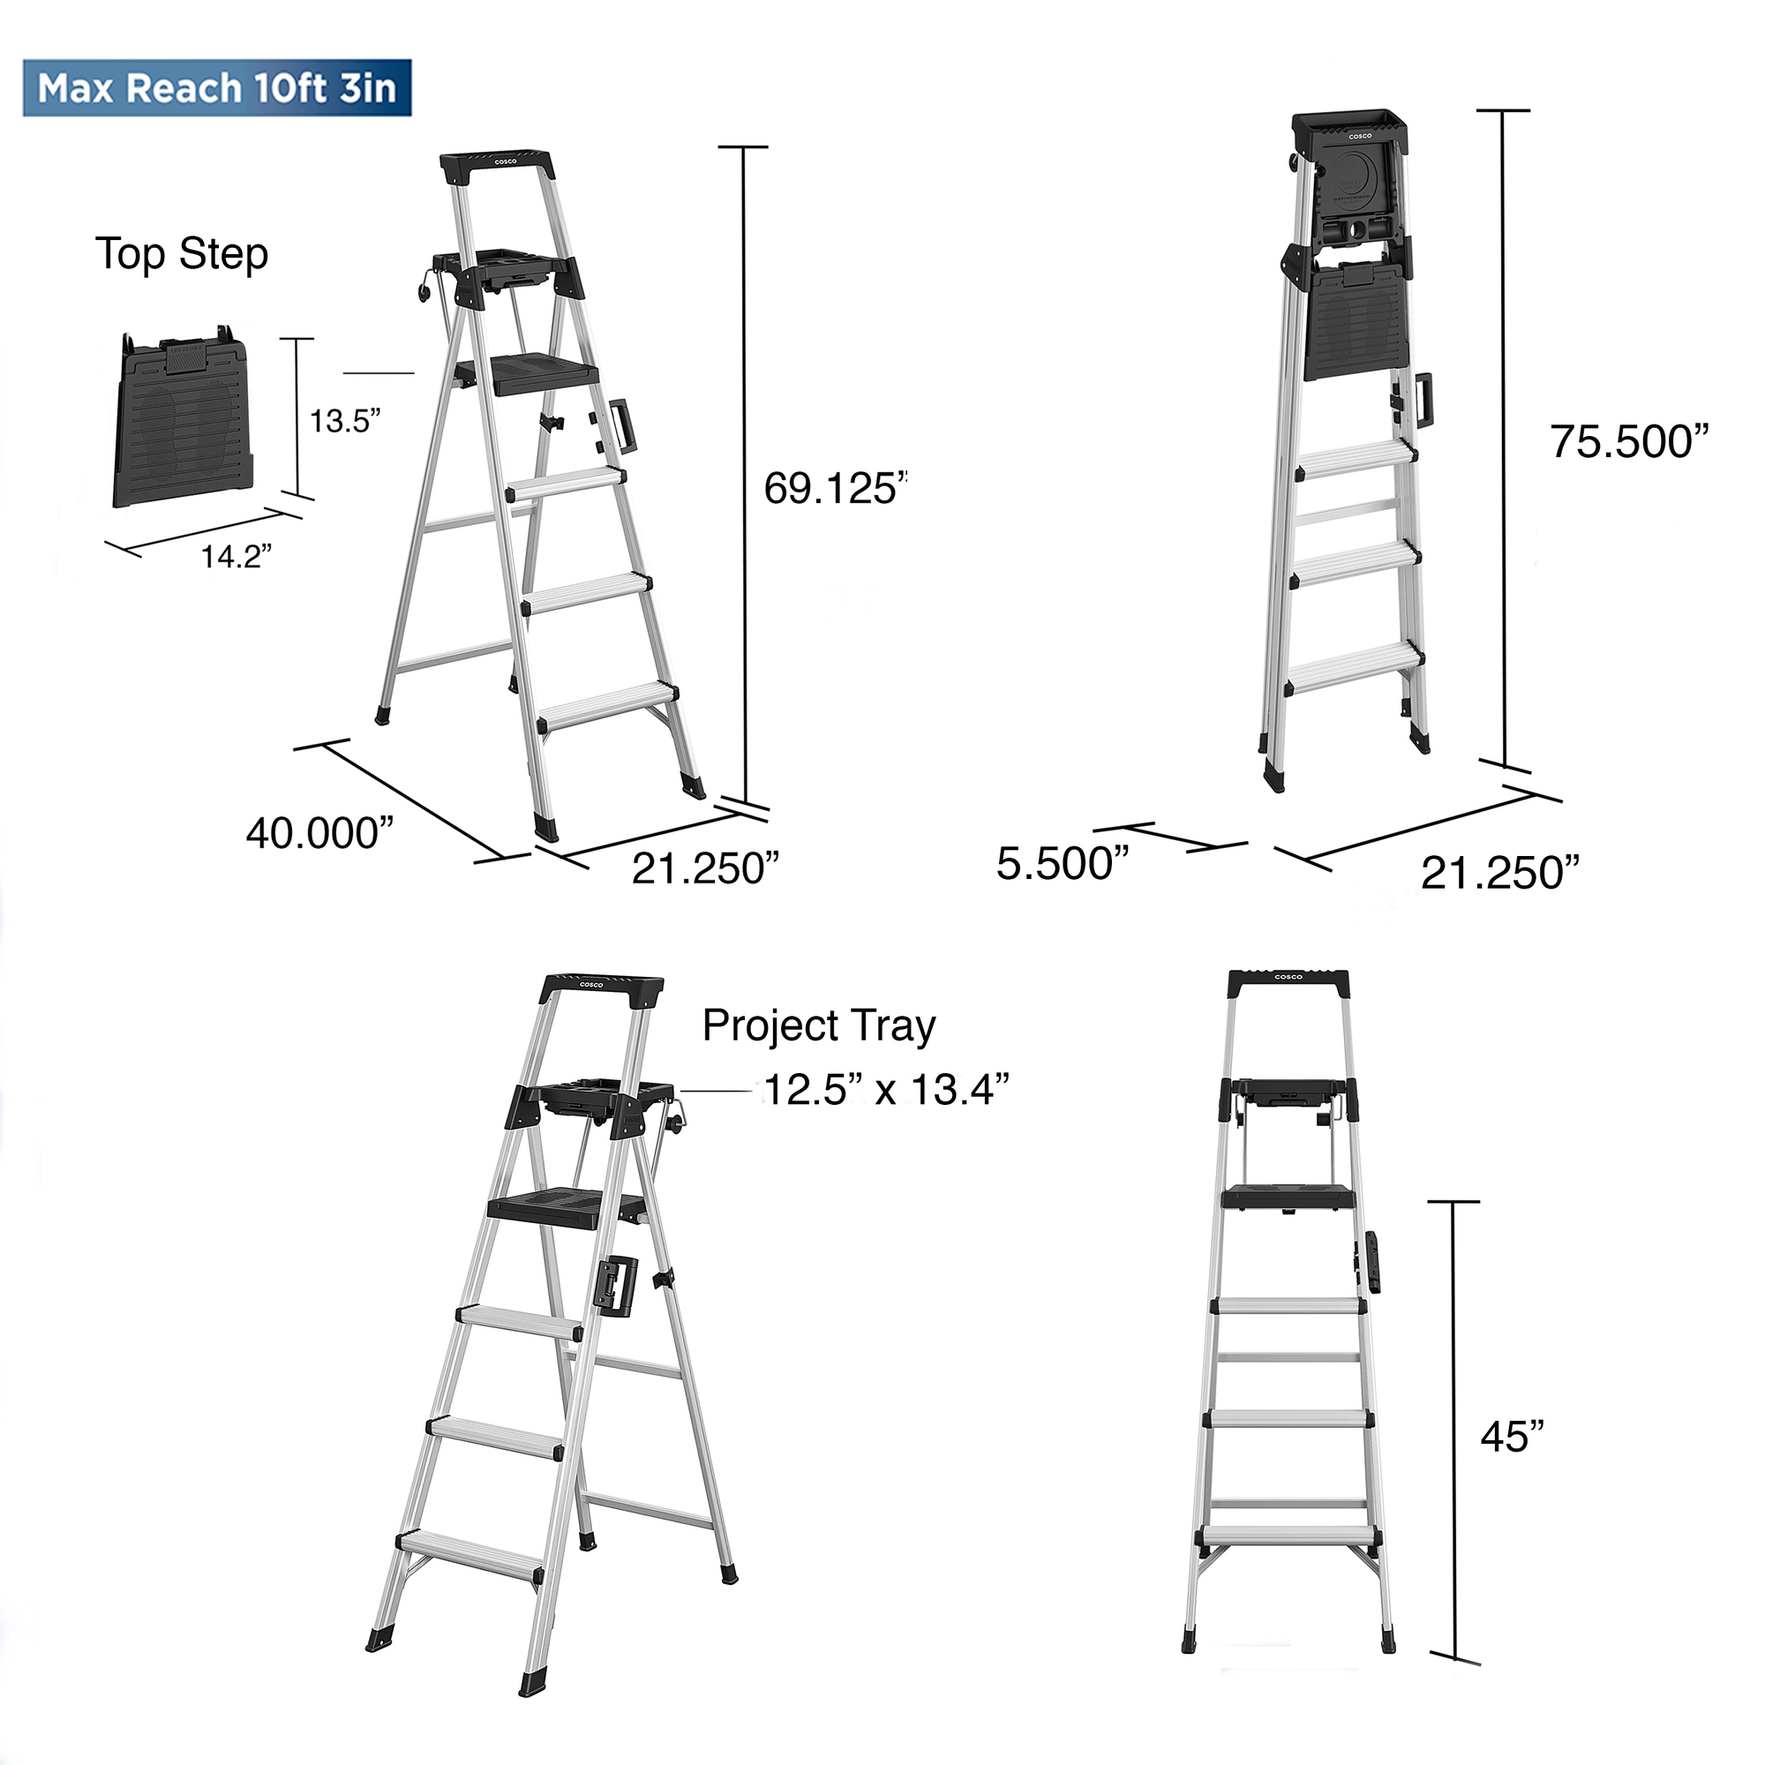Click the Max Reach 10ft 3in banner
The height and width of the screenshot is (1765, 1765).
coord(217,88)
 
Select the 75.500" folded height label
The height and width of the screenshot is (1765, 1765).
coord(1629,442)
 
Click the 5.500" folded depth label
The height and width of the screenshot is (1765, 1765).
coord(1063,863)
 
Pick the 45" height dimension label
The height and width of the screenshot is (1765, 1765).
coord(1512,1437)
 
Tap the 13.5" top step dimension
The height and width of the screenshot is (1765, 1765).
coord(344,422)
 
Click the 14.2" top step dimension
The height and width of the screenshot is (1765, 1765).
coord(236,556)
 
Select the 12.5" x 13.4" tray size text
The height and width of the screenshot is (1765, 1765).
coord(886,1089)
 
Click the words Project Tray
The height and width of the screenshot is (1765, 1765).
coord(819,1026)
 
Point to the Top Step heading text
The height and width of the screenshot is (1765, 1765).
coord(182,254)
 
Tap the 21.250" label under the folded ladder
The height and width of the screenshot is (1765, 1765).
coord(1500,874)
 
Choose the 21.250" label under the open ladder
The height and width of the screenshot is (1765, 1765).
coord(704,868)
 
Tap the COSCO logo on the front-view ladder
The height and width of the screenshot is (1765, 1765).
coord(1288,978)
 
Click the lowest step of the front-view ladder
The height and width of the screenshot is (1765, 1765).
coord(1288,1535)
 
